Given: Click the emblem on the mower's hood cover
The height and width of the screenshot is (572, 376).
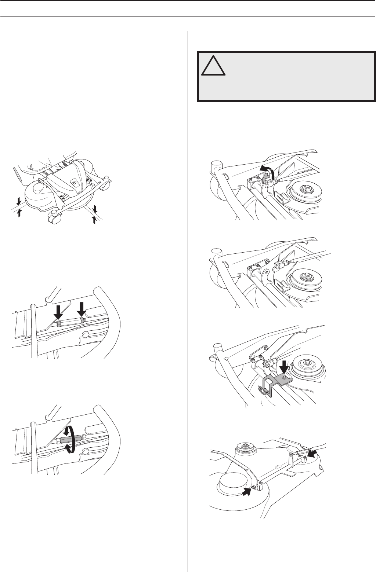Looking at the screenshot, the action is point(74,181).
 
